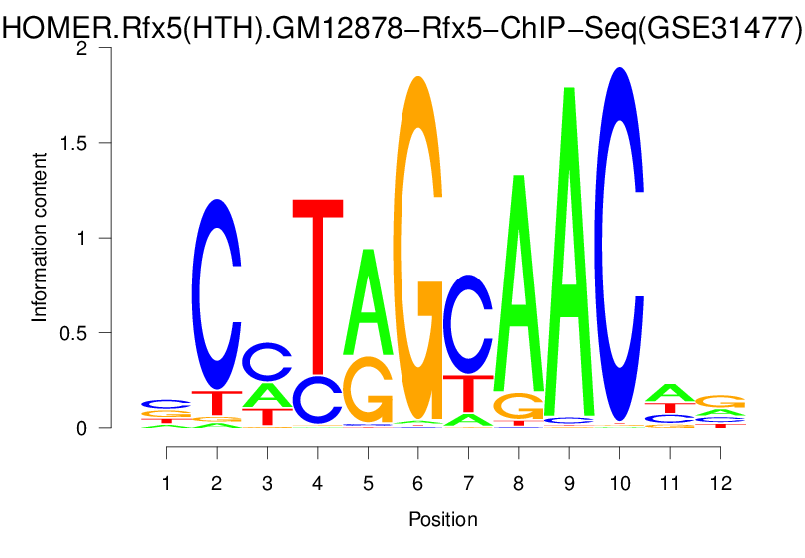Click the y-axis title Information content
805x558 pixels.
click(x=40, y=237)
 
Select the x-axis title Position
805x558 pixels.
click(x=443, y=519)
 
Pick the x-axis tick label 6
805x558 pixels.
click(x=418, y=483)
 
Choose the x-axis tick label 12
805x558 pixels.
click(x=720, y=483)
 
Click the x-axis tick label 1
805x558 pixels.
click(x=167, y=483)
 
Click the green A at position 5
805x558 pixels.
click(x=369, y=299)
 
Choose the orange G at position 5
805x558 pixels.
click(x=369, y=391)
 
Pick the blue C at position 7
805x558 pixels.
click(x=468, y=324)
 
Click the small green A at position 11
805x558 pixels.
click(x=670, y=392)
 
